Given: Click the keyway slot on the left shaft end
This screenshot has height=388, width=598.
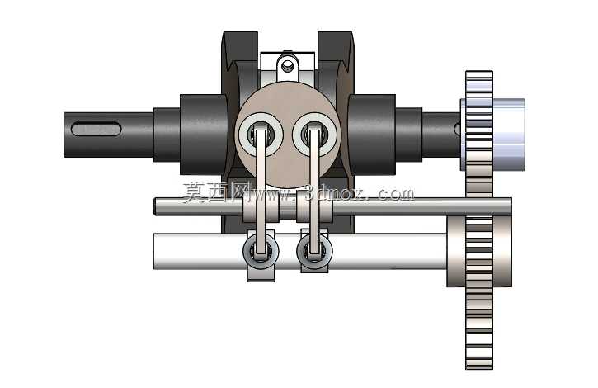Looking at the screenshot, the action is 97,129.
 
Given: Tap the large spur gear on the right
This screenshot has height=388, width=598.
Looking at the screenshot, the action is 479,220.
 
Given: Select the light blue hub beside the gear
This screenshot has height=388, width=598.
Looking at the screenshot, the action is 509,135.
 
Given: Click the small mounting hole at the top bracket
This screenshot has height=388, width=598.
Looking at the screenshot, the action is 286,67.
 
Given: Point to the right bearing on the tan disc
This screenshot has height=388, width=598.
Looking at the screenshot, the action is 314,135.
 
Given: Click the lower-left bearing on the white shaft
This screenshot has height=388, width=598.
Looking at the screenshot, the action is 261,251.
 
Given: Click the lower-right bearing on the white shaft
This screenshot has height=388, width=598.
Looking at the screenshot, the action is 314,251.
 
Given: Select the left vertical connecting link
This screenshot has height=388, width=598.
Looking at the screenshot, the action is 261,192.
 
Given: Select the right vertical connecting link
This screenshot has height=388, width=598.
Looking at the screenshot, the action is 314,192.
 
